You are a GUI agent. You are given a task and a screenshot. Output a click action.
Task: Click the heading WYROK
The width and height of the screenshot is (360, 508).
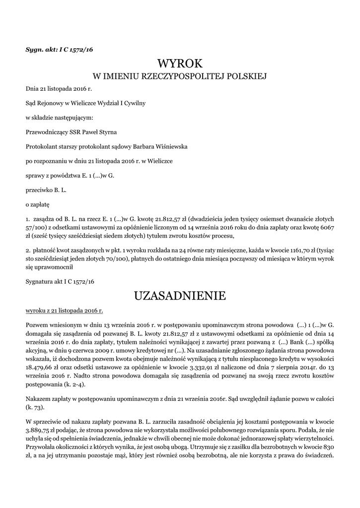pyautogui.click(x=180, y=63)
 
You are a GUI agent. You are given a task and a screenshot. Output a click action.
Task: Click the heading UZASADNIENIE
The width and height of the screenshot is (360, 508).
pyautogui.click(x=180, y=296)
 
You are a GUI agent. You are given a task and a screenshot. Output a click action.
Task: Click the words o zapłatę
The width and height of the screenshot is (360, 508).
pyautogui.click(x=38, y=204)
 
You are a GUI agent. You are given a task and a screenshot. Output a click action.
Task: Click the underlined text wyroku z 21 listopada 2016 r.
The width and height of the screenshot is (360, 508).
pyautogui.click(x=64, y=311)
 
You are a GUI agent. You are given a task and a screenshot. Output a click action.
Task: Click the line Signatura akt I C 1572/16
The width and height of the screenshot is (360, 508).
pyautogui.click(x=60, y=281)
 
